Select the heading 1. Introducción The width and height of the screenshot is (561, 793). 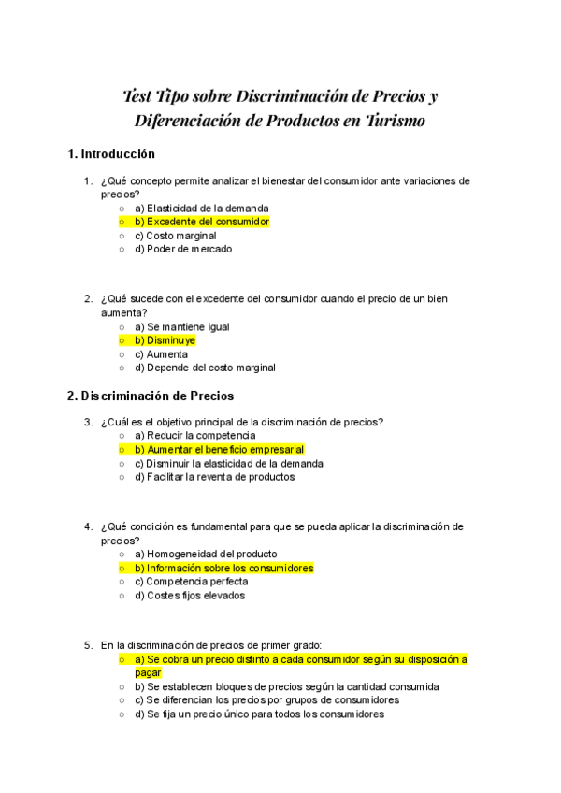111,153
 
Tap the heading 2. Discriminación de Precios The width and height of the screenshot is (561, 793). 150,396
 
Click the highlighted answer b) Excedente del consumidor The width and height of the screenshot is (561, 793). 201,222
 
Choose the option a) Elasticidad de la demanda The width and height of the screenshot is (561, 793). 201,208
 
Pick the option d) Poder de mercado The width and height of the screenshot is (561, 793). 183,249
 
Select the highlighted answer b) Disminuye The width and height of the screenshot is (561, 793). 165,340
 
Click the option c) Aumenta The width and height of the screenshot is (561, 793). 161,354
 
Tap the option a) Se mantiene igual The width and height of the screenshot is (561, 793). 181,327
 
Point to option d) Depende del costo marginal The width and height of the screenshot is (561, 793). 205,368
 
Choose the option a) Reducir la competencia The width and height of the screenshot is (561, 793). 194,436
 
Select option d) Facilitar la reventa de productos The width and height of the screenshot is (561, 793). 214,477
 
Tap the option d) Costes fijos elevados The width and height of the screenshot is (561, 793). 190,595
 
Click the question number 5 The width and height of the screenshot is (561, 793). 88,645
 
